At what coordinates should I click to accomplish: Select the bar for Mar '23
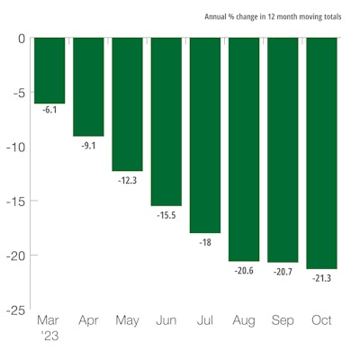49,70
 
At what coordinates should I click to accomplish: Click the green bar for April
88,86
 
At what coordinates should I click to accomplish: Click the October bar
321,153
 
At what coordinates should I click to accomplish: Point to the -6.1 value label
49,110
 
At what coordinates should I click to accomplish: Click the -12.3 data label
127,179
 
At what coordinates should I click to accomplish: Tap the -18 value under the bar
204,241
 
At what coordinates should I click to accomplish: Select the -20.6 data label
244,270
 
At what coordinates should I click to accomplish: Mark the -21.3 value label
321,277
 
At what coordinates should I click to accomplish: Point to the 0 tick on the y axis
20,39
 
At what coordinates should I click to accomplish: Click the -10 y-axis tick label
15,147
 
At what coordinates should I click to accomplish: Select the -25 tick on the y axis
15,310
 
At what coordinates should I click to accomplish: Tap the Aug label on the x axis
244,321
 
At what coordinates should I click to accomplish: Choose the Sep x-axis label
283,321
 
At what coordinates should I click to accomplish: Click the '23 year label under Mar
48,337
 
